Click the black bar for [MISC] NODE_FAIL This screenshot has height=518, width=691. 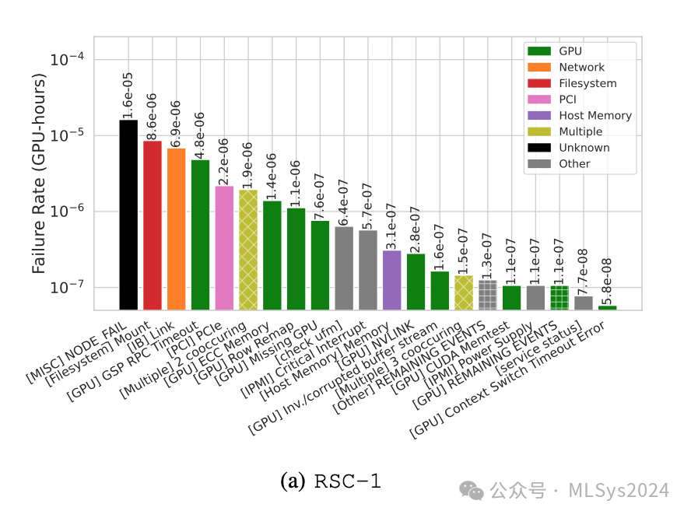tap(128, 215)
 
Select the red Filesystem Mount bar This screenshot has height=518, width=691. tap(153, 226)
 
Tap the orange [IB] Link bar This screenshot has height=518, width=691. tap(177, 229)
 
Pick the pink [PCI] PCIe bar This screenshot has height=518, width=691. tap(224, 247)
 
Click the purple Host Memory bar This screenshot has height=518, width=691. tap(391, 280)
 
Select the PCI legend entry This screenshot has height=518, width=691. tap(568, 100)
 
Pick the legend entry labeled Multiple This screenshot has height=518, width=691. tap(580, 131)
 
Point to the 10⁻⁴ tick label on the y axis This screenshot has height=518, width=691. tap(69, 60)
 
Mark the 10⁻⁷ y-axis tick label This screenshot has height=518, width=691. tap(69, 288)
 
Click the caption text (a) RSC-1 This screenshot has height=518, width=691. tap(331, 481)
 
